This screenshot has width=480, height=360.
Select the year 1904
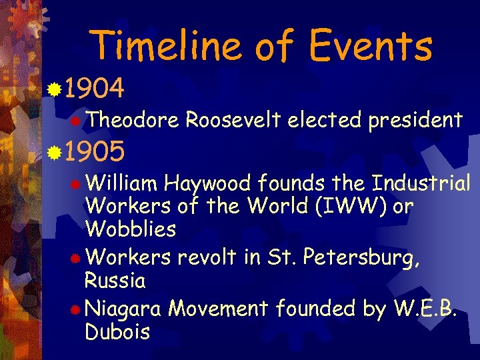click(x=95, y=88)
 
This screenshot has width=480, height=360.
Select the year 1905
click(x=95, y=153)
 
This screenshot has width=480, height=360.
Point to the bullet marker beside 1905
click(x=56, y=153)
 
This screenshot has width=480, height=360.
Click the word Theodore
click(x=132, y=120)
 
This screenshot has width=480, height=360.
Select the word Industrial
click(x=421, y=183)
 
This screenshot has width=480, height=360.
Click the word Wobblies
click(x=131, y=229)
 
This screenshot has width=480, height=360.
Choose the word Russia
click(x=115, y=281)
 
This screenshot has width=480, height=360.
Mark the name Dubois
click(x=117, y=332)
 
